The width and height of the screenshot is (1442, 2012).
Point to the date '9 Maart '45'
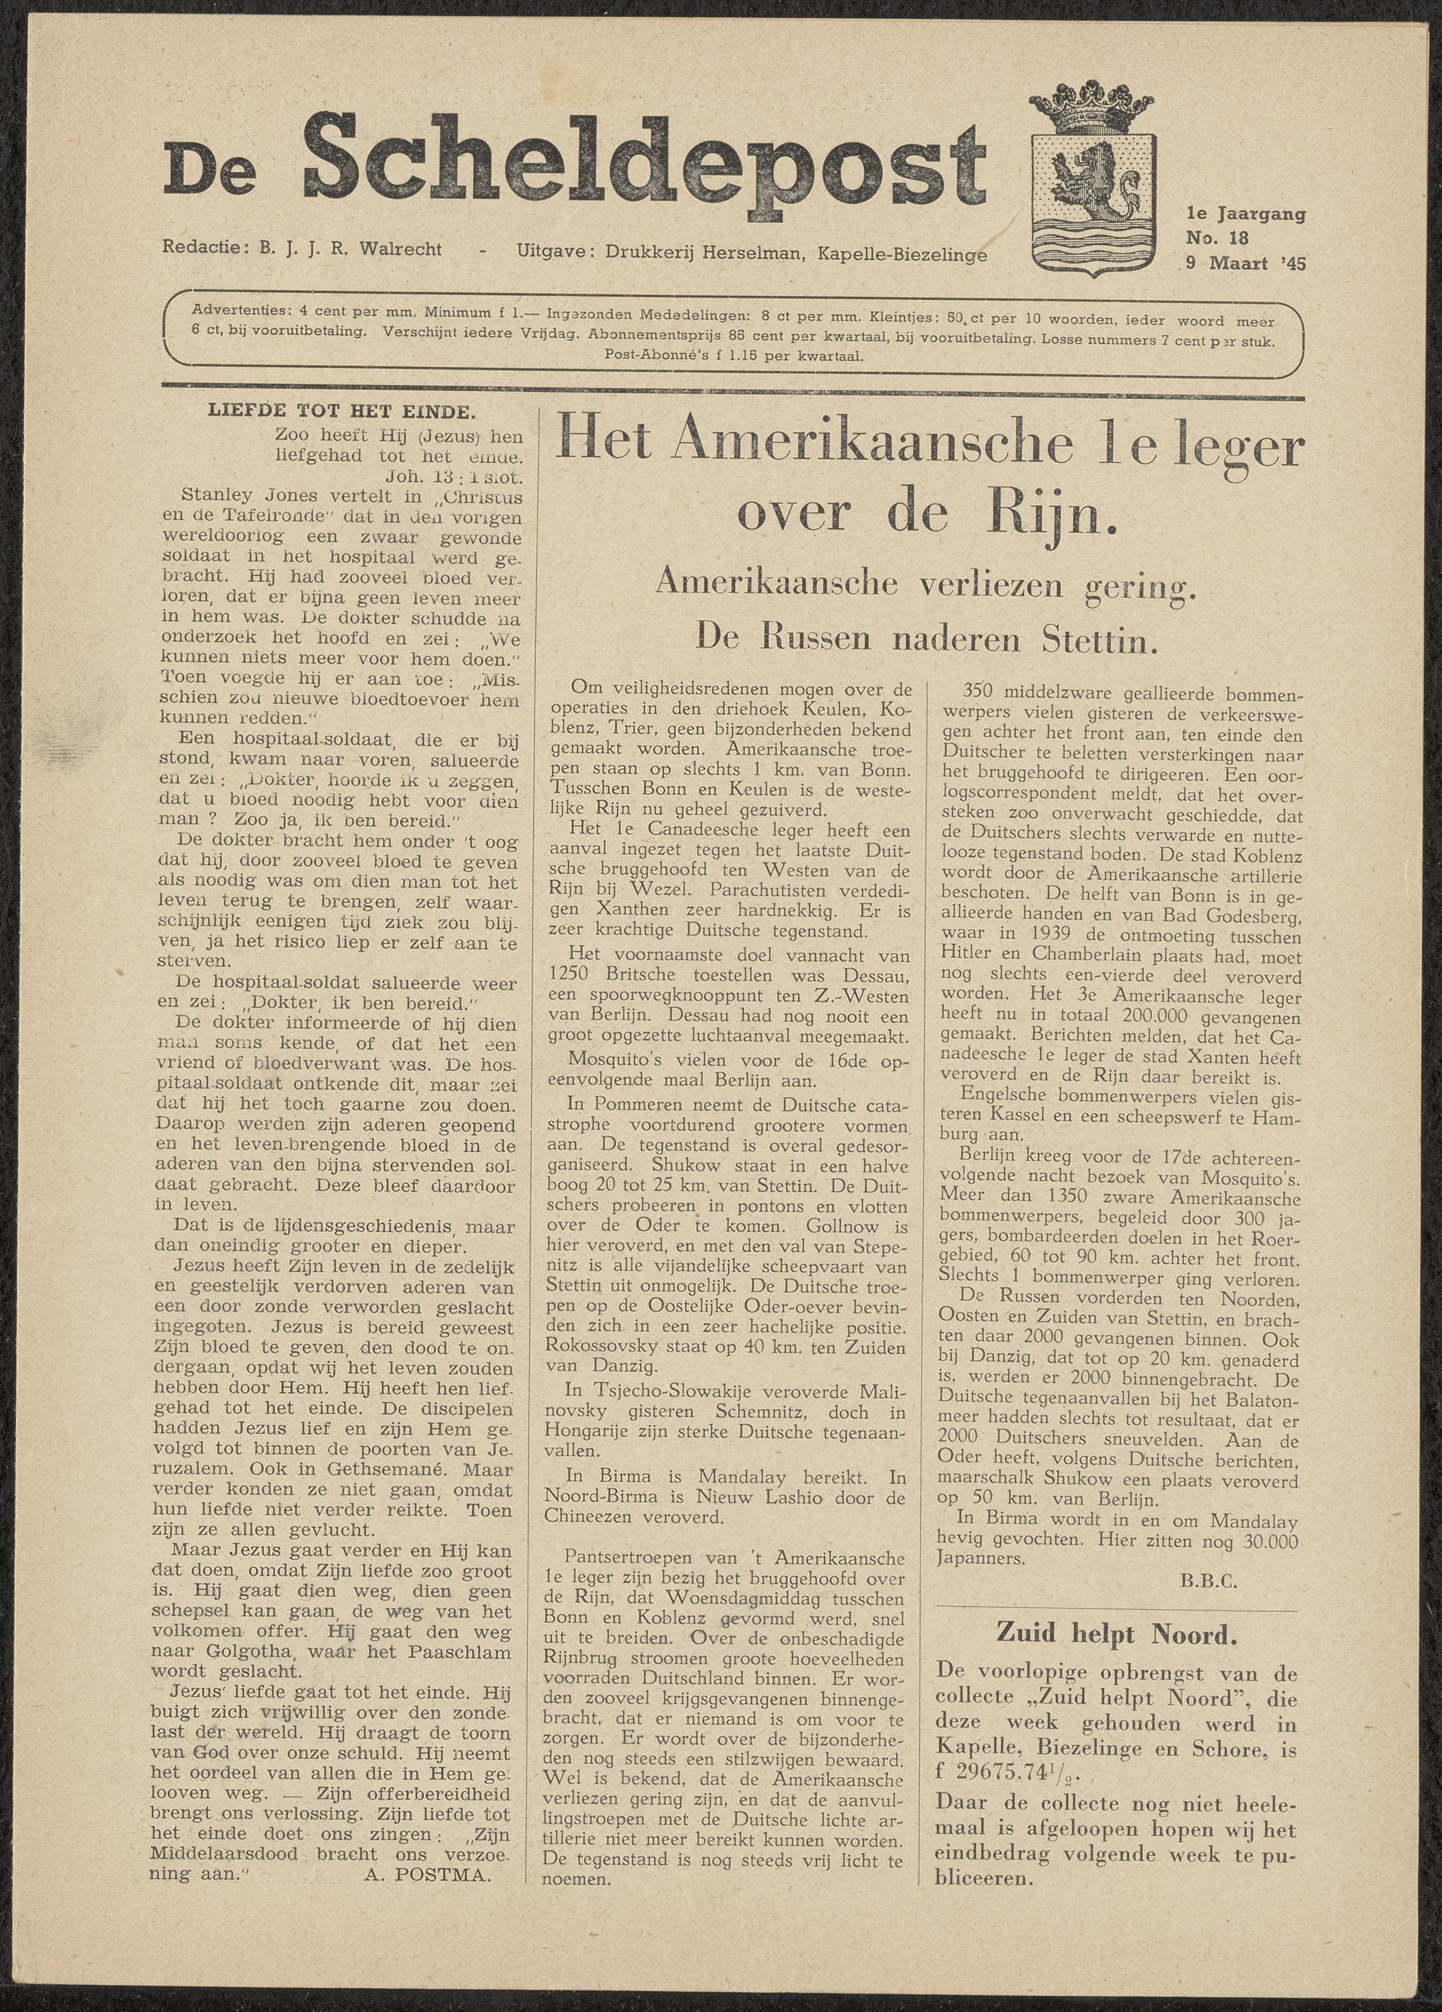point(1245,263)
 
